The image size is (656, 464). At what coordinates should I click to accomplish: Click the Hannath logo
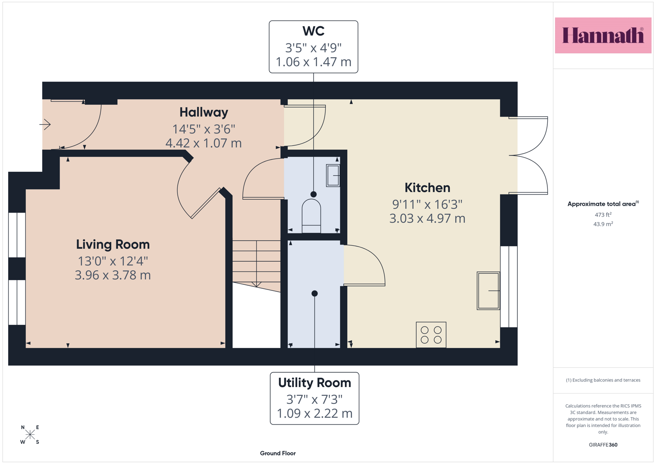(x=603, y=35)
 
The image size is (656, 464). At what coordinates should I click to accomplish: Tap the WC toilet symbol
(x=311, y=216)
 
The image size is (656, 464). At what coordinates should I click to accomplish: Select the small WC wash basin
(x=333, y=175)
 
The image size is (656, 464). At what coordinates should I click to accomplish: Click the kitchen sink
(x=488, y=290)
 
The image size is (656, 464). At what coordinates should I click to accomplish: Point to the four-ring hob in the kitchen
(x=431, y=335)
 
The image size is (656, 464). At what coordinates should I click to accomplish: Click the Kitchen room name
(x=427, y=188)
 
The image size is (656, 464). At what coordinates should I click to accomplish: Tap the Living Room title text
(x=113, y=244)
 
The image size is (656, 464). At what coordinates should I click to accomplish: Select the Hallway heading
(x=204, y=113)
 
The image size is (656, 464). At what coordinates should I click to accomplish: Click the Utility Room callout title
(x=314, y=383)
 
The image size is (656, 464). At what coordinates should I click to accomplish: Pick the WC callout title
(x=313, y=31)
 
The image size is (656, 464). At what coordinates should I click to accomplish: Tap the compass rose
(x=30, y=434)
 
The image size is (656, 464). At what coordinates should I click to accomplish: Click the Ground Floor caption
(x=278, y=453)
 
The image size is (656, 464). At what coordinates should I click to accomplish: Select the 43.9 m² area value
(x=603, y=224)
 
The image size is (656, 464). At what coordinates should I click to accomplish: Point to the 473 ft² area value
(x=603, y=215)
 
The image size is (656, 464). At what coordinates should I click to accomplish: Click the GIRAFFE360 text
(x=603, y=445)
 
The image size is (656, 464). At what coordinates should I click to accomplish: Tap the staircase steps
(x=256, y=264)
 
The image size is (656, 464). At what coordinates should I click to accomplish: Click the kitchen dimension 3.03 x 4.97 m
(x=427, y=219)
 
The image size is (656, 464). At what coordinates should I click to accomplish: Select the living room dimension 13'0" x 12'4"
(x=113, y=261)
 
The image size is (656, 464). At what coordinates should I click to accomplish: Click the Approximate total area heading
(x=603, y=204)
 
